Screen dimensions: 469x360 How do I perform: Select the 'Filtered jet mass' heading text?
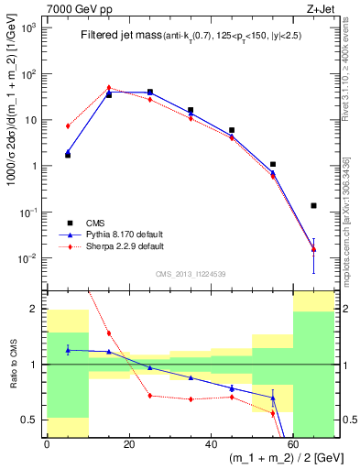[117, 36]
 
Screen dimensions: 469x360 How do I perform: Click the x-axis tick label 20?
[128, 442]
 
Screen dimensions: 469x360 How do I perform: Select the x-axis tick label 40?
[211, 442]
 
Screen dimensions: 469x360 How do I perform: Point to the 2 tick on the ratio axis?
[36, 310]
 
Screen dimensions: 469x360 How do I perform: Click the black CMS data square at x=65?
[313, 205]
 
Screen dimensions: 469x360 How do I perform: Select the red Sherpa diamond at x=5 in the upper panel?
[68, 125]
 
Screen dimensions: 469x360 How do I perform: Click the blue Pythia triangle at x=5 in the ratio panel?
[68, 349]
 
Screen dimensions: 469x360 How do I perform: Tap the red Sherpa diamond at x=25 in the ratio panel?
[149, 396]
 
